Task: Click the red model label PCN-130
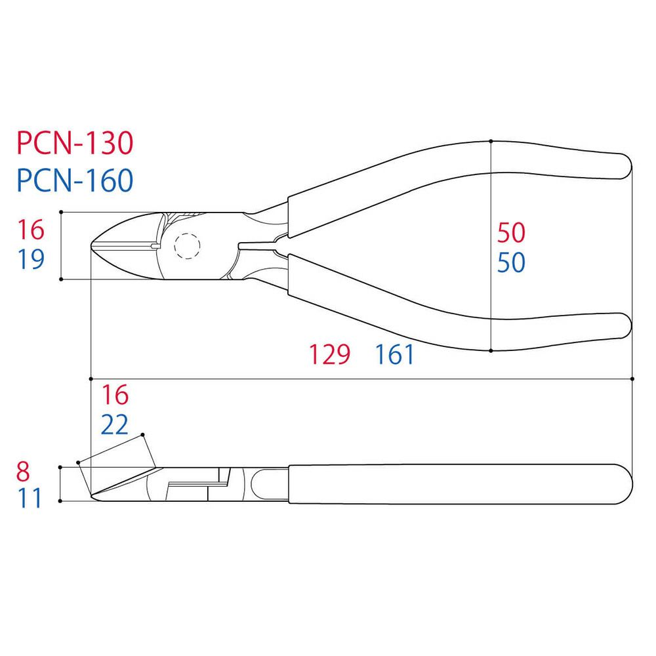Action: [x=75, y=143]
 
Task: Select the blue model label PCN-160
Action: [x=75, y=180]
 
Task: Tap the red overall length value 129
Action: [x=330, y=354]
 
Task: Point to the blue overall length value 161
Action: [x=395, y=354]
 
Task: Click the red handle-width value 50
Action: [x=511, y=233]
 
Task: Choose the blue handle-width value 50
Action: [x=511, y=262]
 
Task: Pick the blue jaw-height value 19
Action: [x=31, y=259]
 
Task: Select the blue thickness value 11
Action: [x=30, y=498]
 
